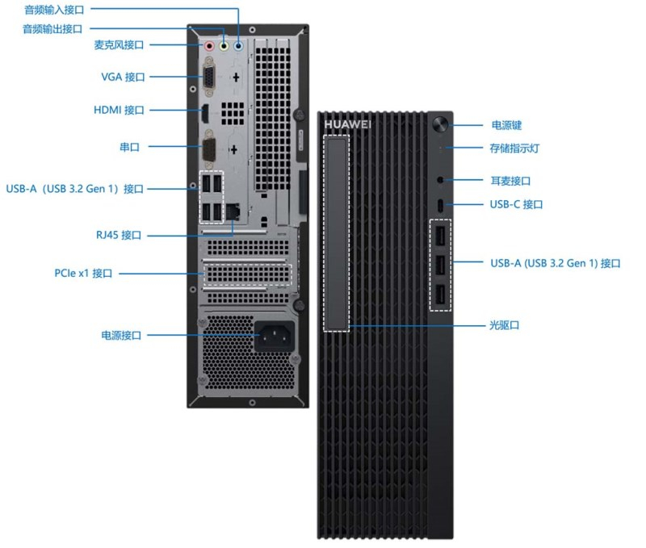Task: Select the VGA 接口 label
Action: tap(123, 77)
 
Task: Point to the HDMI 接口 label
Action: tap(119, 110)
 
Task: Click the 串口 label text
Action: tap(130, 147)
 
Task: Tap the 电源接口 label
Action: tap(121, 335)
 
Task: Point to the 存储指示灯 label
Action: tap(514, 149)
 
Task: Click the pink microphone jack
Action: tap(209, 45)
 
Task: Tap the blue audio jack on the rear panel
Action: tap(238, 45)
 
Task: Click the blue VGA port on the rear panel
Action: tap(209, 78)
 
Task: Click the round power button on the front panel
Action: tap(440, 125)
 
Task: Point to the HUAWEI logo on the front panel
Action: tap(347, 124)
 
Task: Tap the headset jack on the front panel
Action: tap(440, 179)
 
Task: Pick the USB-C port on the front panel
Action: tap(440, 204)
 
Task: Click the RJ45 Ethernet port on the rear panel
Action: tap(233, 211)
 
